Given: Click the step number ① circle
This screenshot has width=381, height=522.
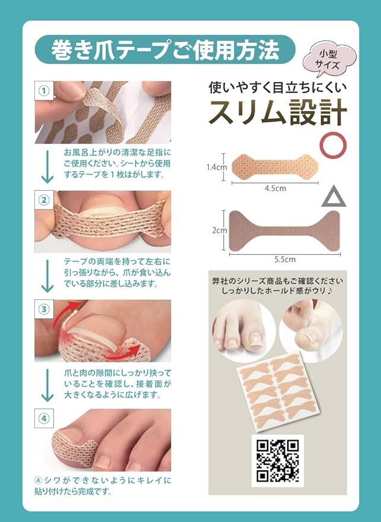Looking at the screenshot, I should click(43, 91).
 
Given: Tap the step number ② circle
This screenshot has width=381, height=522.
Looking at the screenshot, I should click(43, 200).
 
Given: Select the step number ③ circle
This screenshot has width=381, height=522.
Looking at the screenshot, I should click(43, 309).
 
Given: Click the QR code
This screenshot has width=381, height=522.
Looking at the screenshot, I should click(277, 460).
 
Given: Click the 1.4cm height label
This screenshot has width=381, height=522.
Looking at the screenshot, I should click(217, 167).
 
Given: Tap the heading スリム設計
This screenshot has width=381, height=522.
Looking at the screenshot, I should click(275, 112).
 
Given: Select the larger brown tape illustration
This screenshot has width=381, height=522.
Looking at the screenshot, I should click(284, 230).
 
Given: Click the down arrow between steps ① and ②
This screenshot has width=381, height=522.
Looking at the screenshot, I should click(46, 167).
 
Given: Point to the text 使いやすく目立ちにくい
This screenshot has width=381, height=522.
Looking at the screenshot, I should click(277, 87).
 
